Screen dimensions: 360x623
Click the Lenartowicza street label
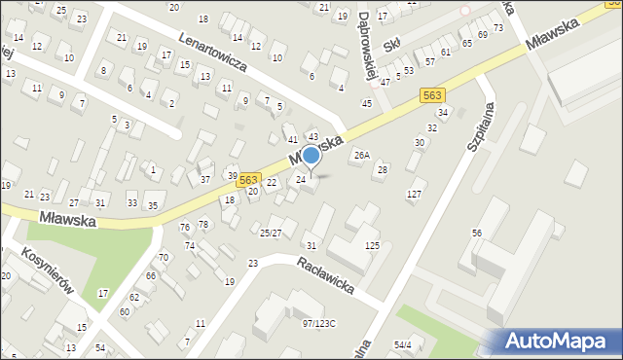pos(213,53)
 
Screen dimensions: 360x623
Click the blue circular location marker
pos(311,156)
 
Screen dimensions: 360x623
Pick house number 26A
pos(361,155)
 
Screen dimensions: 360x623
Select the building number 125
pos(372,245)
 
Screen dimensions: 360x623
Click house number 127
pos(415,195)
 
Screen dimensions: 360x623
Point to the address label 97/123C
pos(318,323)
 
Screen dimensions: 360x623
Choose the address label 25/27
pos(270,233)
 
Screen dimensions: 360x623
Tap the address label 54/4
pos(403,344)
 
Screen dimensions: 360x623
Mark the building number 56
pos(477,233)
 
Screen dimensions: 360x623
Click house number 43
pos(313,136)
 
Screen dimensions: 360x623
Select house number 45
pos(366,103)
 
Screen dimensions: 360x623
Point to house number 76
pos(185,227)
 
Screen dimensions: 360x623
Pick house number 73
pos(498,27)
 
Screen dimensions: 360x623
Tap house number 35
pos(153,205)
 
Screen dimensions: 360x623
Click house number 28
pos(383,169)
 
